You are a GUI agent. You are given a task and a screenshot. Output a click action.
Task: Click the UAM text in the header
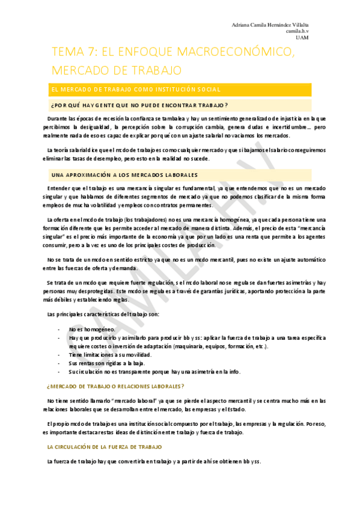click(x=302, y=37)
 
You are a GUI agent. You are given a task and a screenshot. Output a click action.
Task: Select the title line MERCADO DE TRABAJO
click(x=117, y=70)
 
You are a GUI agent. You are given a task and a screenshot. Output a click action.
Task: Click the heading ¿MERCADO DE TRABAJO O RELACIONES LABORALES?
click(x=115, y=386)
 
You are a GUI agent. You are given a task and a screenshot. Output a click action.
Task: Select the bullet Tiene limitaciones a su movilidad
click(x=111, y=355)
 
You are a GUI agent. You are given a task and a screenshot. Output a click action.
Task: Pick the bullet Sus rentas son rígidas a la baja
click(x=106, y=363)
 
